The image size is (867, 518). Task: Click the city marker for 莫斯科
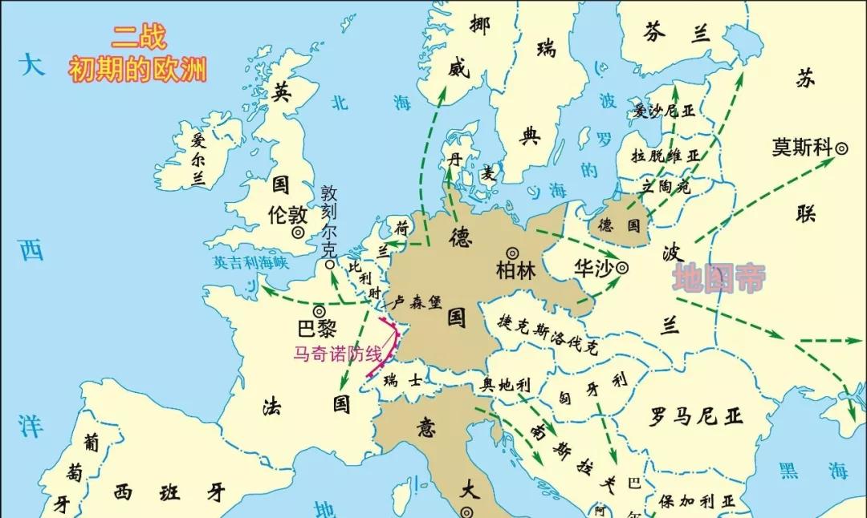click(x=842, y=148)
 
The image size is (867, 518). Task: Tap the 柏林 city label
click(x=515, y=271)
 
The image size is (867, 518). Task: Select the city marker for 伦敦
click(x=298, y=232)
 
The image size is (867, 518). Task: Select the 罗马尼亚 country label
click(x=697, y=415)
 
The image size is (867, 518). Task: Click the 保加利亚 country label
click(x=697, y=501)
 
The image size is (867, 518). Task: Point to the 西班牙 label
click(x=170, y=492)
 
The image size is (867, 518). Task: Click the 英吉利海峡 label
click(x=250, y=262)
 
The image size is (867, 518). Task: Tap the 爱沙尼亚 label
click(x=664, y=111)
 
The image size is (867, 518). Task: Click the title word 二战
click(x=138, y=37)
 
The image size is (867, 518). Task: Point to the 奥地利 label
click(x=506, y=384)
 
